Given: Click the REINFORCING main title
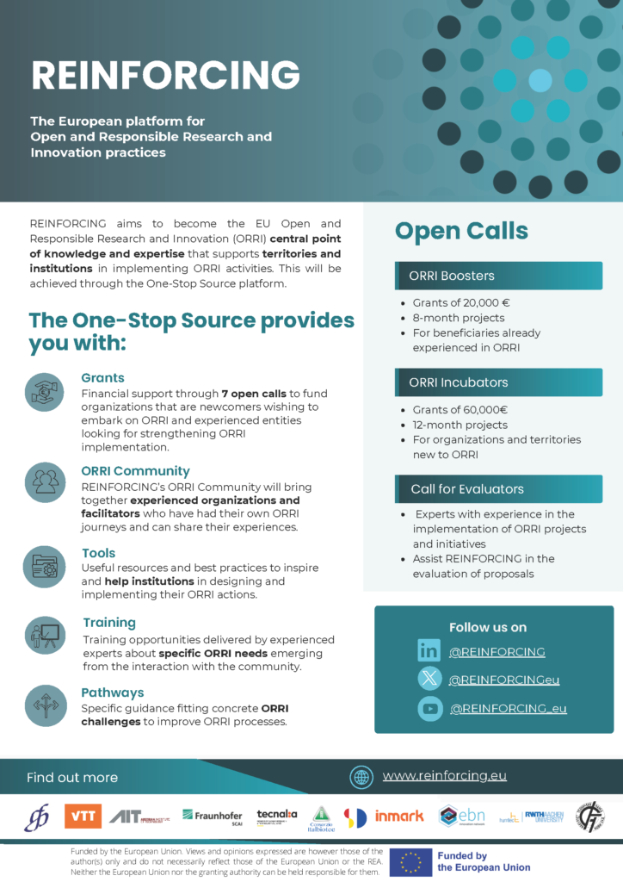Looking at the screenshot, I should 165,76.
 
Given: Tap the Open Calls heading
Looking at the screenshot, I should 461,231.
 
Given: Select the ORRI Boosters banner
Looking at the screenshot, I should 499,276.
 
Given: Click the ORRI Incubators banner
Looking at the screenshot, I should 499,382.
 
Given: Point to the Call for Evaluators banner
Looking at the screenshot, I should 499,489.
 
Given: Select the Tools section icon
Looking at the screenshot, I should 44,566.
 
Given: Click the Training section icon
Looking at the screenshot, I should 44,636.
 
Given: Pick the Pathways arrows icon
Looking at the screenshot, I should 44,705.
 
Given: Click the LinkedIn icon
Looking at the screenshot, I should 429,651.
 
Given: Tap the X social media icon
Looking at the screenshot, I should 429,680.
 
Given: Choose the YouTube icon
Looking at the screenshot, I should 429,708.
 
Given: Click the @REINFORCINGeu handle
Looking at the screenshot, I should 503,680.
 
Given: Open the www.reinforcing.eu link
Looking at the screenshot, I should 444,775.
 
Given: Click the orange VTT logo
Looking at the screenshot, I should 83,816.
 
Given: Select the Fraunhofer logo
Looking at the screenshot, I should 212,816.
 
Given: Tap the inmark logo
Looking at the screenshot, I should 399,816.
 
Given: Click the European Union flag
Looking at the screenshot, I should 410,862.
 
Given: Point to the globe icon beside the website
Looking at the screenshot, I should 361,777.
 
